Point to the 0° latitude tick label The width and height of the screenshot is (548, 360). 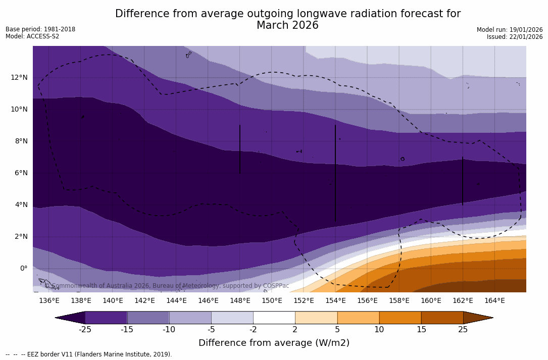[23, 268]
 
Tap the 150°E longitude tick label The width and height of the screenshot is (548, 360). [272, 300]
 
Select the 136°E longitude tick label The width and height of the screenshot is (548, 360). [49, 300]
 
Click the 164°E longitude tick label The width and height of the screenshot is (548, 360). [494, 300]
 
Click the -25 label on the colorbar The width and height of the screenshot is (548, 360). [85, 330]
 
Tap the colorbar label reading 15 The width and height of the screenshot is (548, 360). [421, 330]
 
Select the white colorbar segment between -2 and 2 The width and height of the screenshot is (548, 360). [274, 318]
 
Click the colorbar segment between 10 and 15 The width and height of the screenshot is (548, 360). [400, 318]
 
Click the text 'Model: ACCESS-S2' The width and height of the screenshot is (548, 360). [32, 36]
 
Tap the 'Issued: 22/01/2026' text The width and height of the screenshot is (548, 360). [515, 37]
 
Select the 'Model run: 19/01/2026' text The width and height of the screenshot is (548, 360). [510, 30]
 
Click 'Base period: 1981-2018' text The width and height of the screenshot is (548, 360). [40, 29]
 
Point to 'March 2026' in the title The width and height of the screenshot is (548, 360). [287, 25]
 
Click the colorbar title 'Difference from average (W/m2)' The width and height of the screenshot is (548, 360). [274, 343]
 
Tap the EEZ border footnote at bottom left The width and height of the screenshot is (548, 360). [89, 354]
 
